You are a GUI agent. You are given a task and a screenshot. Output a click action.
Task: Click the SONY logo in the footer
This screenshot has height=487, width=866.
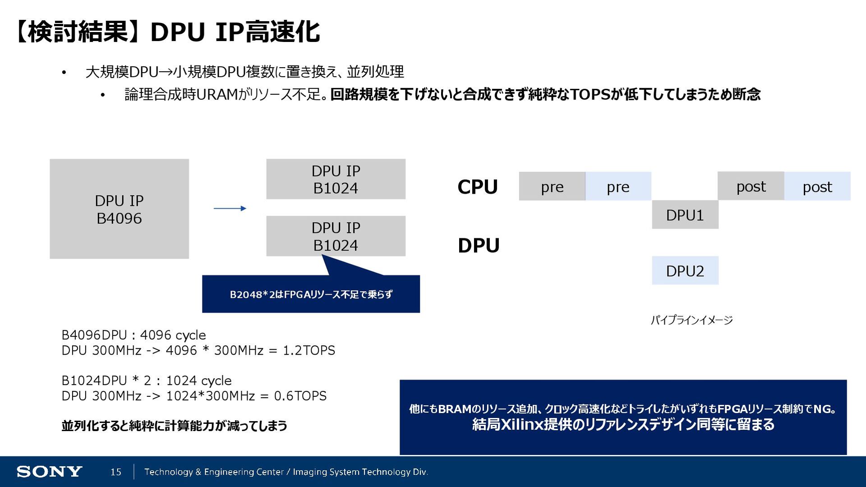pos(49,472)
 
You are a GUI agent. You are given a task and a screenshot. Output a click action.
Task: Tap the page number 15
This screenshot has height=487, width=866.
pos(116,472)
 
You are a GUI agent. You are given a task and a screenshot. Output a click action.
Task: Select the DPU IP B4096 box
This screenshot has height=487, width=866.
pos(119,209)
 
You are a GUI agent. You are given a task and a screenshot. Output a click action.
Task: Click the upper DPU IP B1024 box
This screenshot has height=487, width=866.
pos(336,179)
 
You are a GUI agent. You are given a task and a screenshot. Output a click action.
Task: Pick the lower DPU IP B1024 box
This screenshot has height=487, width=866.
pos(336,236)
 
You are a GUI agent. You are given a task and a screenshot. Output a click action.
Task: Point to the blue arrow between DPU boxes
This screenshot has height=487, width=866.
pos(230,209)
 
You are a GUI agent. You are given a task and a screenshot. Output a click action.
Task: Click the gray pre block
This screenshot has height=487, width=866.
pos(552,186)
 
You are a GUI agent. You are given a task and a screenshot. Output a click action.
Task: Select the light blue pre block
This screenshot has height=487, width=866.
pos(618,186)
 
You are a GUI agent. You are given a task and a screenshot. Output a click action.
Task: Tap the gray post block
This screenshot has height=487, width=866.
pos(751,186)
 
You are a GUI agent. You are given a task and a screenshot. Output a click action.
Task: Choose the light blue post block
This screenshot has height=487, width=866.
pos(817,186)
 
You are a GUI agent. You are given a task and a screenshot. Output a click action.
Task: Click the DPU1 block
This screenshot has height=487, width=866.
pos(685,215)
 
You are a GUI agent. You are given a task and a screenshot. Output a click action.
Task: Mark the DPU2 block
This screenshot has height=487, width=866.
pos(685,271)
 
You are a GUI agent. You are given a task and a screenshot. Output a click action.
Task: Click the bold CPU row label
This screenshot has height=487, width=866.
pos(477,187)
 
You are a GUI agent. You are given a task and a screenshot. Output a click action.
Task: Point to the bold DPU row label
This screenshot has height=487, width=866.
pos(479,246)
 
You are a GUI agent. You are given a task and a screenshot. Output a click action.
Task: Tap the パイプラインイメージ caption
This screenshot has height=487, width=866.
pos(691,320)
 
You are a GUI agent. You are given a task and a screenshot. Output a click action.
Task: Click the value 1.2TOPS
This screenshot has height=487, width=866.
pos(309,351)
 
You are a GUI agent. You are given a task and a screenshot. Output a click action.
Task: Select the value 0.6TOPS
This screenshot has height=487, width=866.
pos(300,396)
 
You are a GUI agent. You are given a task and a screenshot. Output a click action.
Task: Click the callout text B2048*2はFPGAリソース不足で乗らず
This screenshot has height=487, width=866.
pos(311,295)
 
